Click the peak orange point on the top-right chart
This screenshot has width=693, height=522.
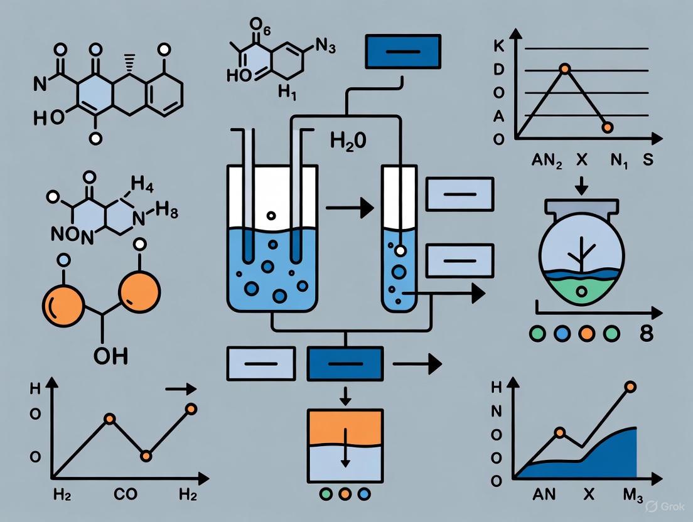(565, 68)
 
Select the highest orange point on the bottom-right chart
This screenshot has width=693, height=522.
(630, 387)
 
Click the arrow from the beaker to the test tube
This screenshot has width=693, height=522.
(347, 210)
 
